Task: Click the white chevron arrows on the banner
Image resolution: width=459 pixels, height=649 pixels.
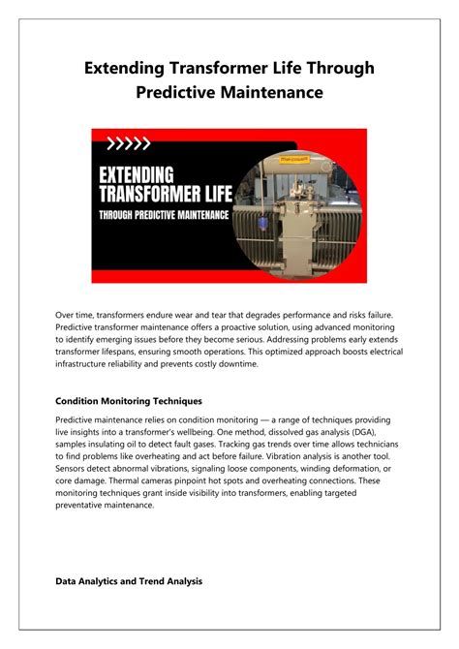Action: pos(129,144)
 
